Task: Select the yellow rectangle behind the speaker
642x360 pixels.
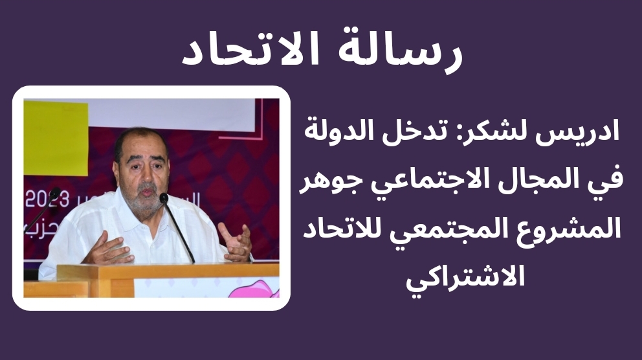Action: pyautogui.click(x=56, y=138)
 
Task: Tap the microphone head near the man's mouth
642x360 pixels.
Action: pyautogui.click(x=164, y=198)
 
